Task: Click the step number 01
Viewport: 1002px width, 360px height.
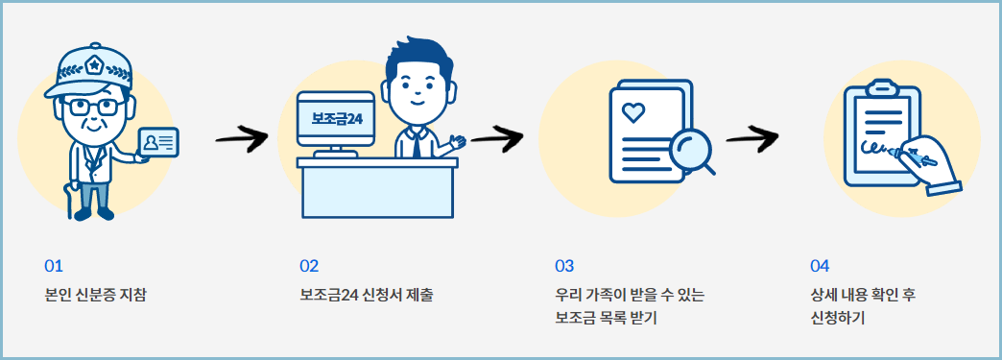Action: pos(53,266)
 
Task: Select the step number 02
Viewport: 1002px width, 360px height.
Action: pos(309,266)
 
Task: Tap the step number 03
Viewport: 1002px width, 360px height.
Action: pos(564,266)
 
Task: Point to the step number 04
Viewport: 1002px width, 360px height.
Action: pos(820,266)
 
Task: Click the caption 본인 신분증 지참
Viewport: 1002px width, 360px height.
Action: pos(95,294)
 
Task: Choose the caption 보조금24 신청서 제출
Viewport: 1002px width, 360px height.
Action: pos(366,294)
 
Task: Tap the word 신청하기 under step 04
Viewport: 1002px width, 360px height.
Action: pos(838,318)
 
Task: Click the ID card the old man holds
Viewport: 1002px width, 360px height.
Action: pos(158,142)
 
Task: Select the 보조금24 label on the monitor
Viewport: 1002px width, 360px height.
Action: pos(335,118)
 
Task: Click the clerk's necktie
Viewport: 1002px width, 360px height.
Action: pos(415,142)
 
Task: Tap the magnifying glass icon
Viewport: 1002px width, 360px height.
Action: pos(690,152)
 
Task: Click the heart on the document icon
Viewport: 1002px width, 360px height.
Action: pos(632,112)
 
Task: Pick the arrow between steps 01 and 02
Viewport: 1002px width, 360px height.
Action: pos(241,140)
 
